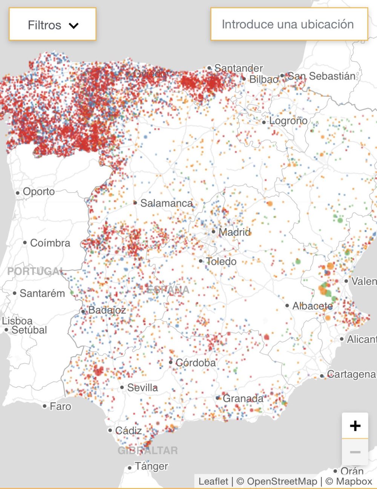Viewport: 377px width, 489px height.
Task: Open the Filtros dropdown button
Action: tap(52, 25)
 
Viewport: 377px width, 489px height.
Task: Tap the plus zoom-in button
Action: tap(355, 426)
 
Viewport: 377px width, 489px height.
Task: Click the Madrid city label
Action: tap(234, 232)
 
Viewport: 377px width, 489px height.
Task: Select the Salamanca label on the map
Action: tap(166, 203)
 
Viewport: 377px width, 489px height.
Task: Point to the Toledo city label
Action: tap(221, 261)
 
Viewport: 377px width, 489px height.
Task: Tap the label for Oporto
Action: tap(38, 192)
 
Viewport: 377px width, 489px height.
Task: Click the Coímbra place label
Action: tap(50, 243)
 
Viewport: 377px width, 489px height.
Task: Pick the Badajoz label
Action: tap(107, 310)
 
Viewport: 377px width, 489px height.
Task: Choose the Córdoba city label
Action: tap(195, 363)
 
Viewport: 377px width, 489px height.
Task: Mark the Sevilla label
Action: tap(142, 388)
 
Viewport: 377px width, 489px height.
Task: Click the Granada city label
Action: tap(243, 398)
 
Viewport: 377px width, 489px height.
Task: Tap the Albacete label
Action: tap(313, 306)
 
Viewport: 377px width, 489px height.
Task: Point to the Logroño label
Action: tap(288, 121)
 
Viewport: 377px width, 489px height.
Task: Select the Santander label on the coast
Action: tap(238, 68)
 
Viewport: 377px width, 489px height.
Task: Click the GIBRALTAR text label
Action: tap(147, 450)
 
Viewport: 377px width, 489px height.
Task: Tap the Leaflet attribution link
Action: tap(213, 481)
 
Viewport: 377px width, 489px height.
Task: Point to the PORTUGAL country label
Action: tap(35, 271)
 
